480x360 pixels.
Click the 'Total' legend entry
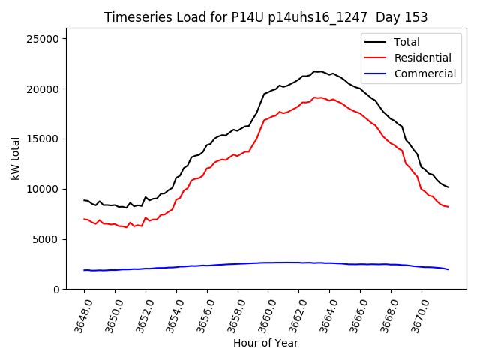tap(406, 42)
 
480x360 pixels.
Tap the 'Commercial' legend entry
tap(424, 73)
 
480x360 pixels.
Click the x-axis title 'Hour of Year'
tap(265, 343)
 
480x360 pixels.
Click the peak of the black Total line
tap(318, 71)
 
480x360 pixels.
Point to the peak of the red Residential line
tap(318, 97)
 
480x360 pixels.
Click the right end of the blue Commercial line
tap(448, 269)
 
